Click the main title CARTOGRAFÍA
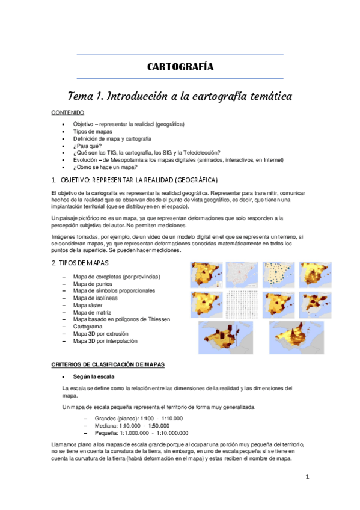[x=180, y=67]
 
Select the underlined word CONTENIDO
[x=67, y=113]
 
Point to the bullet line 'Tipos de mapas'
[x=93, y=131]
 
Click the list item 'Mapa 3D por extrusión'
[x=105, y=334]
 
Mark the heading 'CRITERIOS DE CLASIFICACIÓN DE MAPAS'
[x=108, y=365]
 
